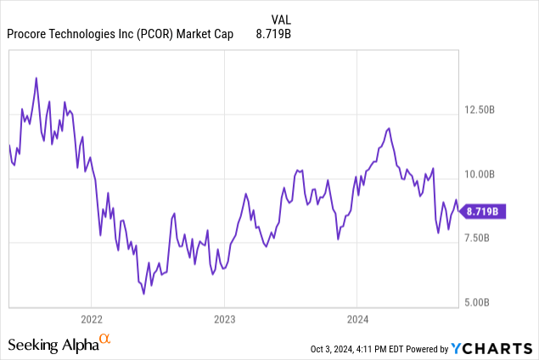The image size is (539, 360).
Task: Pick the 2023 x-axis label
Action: (x=223, y=320)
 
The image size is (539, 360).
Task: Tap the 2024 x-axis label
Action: (x=357, y=320)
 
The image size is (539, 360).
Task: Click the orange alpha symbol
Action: (x=105, y=340)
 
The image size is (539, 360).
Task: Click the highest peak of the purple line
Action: (x=36, y=78)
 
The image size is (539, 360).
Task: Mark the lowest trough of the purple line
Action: (x=143, y=294)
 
